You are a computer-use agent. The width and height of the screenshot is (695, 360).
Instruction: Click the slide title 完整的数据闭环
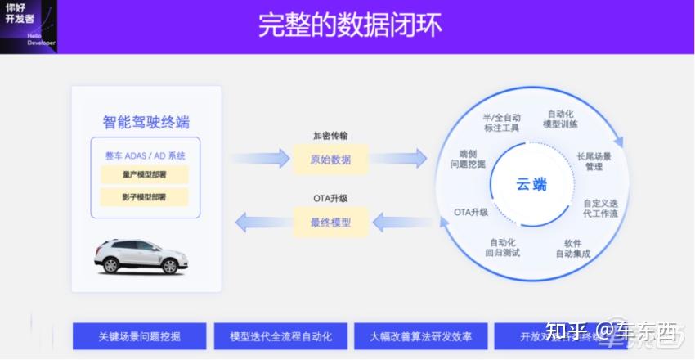click(350, 25)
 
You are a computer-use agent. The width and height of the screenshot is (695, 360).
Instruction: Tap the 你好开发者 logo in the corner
click(28, 26)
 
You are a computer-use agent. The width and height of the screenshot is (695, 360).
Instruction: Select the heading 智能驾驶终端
click(146, 123)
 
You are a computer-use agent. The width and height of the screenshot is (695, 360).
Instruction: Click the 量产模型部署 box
click(144, 174)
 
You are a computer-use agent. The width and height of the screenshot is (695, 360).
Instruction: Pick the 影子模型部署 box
click(144, 197)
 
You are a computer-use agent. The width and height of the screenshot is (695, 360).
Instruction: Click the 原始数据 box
click(330, 159)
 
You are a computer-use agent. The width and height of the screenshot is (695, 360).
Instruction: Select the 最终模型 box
click(330, 222)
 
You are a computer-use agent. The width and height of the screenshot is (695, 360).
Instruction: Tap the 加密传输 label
click(330, 136)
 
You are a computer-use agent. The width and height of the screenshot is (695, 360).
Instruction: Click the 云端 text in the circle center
click(531, 184)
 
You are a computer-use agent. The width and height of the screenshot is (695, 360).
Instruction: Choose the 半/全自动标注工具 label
click(502, 123)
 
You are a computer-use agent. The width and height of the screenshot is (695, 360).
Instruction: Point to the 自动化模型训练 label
click(560, 119)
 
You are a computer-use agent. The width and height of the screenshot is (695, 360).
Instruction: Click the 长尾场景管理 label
click(594, 161)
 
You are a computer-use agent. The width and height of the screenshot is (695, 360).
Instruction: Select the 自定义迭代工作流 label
click(600, 208)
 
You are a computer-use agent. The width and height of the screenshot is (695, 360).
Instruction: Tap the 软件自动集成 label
click(572, 248)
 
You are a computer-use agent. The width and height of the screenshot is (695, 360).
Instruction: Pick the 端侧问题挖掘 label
click(468, 159)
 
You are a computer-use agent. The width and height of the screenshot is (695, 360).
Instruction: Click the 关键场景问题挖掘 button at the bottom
click(140, 336)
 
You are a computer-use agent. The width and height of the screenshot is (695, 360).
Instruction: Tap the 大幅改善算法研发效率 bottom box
click(421, 336)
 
